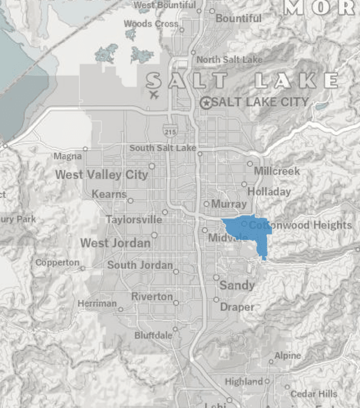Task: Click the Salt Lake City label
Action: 260,102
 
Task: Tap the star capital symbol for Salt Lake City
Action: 206,103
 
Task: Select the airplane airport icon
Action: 154,95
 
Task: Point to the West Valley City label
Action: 101,175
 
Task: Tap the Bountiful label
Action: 238,18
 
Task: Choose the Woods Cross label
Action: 151,24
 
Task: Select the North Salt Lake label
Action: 229,59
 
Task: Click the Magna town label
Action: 67,156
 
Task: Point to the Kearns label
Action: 109,194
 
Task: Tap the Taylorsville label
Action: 134,220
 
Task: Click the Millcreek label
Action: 277,171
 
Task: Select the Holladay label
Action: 269,192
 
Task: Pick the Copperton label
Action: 57,263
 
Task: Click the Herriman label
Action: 97,304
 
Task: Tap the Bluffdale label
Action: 153,335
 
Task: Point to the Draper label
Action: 237,307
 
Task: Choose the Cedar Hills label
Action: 314,394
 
